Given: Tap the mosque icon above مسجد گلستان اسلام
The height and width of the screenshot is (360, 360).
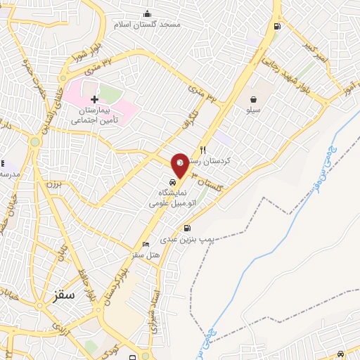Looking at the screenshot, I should [x=147, y=13].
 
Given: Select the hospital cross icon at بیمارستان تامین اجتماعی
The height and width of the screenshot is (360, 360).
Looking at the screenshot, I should [x=94, y=99].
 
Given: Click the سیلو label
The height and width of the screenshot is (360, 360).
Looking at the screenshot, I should [x=252, y=110].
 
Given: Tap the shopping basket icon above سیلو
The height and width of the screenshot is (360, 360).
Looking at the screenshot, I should [x=252, y=99].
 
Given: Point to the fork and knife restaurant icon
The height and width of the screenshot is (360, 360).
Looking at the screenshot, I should [x=203, y=149].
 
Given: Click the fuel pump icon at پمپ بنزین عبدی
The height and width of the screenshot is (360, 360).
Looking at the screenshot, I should [x=187, y=228].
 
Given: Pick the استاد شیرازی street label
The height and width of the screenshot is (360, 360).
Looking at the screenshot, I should [x=155, y=309].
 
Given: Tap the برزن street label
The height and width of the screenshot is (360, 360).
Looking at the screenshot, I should [x=55, y=185].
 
